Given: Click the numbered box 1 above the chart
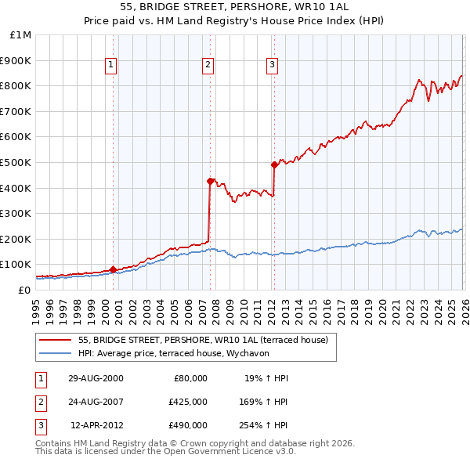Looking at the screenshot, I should [111, 65].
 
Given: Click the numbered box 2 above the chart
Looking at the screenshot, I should [208, 65].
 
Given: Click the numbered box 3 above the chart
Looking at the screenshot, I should [272, 65].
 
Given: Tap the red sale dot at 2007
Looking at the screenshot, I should [210, 181].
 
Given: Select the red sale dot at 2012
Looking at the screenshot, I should [274, 164].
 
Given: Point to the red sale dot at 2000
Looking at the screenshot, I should [113, 269].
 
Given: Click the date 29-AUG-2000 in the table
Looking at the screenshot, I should [96, 378].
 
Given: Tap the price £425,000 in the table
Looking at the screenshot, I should [188, 402].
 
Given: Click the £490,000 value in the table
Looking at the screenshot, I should [188, 425].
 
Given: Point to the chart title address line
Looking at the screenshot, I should [234, 9].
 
